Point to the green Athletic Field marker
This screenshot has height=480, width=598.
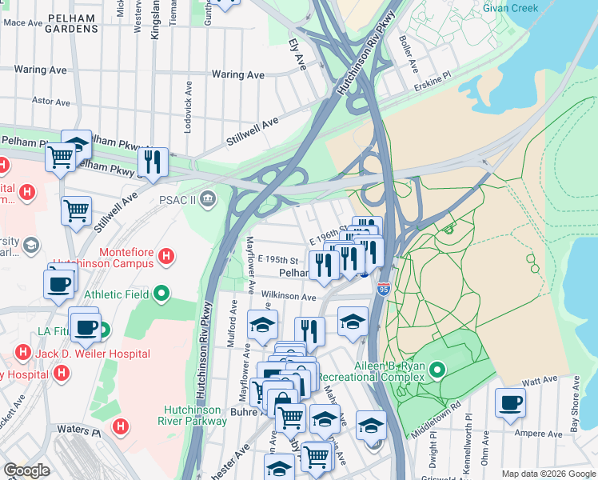(163, 294)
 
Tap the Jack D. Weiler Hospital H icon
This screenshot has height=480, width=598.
(22, 353)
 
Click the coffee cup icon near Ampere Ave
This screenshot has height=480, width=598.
(509, 402)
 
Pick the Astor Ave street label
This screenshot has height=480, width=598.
(51, 102)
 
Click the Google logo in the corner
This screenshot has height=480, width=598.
(26, 470)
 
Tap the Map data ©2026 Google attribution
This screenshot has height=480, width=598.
(547, 474)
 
